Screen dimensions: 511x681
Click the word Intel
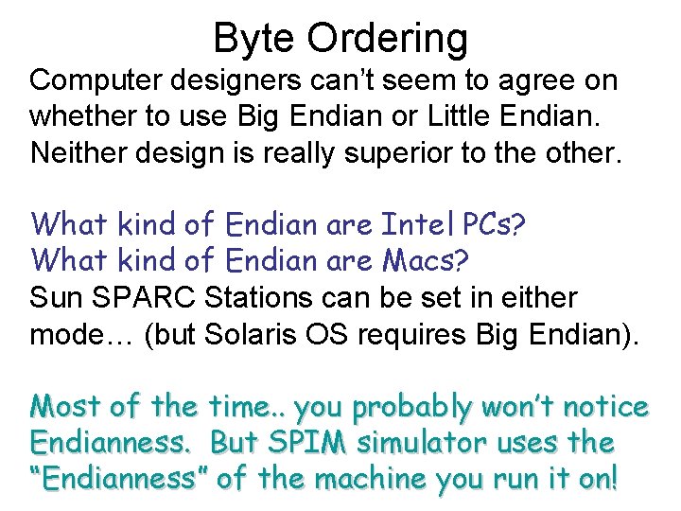pos(420,225)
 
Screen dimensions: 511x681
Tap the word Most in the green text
pos(66,408)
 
